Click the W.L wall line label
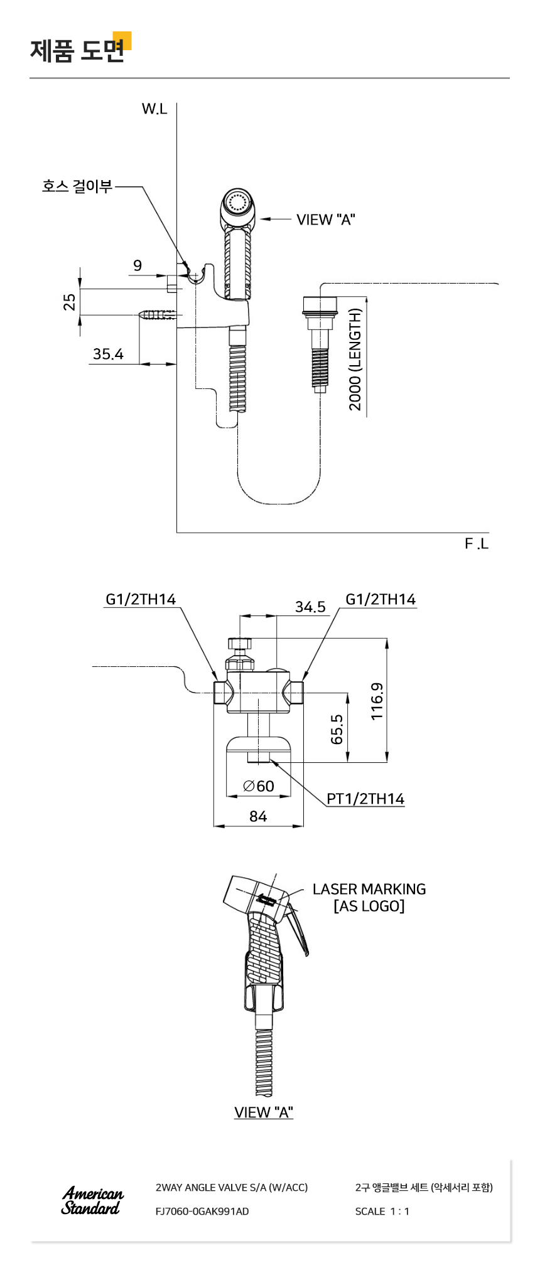(x=154, y=109)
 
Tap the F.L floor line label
(x=477, y=544)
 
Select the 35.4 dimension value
(x=108, y=354)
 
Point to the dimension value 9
(x=138, y=265)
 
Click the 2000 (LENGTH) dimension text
(x=355, y=360)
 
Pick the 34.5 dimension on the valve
(x=310, y=607)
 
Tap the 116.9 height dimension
(x=376, y=701)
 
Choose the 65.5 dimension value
(x=337, y=729)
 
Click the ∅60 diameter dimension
(x=259, y=786)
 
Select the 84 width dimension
(x=258, y=816)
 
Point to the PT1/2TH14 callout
(x=365, y=799)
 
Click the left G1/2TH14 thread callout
(x=141, y=599)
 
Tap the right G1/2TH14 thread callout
(x=381, y=599)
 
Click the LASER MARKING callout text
(x=369, y=889)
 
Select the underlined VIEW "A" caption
(x=264, y=1112)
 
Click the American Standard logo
(x=92, y=1200)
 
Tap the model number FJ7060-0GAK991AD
(x=202, y=1212)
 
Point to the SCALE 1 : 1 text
(x=382, y=1212)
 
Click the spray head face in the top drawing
(x=237, y=203)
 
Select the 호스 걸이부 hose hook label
(x=77, y=186)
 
